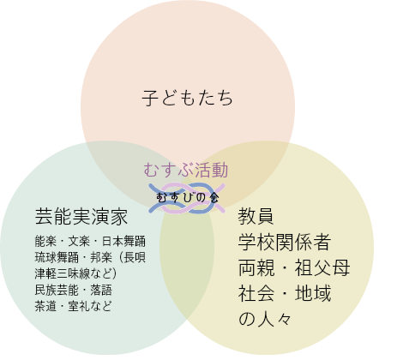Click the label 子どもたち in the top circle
188,98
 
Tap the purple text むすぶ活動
186,170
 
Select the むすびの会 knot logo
187,198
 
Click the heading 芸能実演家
81,217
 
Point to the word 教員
256,216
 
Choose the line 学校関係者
285,242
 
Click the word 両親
256,267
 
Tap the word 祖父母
322,267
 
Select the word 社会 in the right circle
256,293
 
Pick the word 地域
313,293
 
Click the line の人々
265,319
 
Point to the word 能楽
45,241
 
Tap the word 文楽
79,241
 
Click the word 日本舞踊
123,241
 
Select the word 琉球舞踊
57,257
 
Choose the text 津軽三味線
62,273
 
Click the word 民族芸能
57,290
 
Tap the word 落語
101,290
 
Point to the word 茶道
45,306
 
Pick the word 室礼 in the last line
79,306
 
